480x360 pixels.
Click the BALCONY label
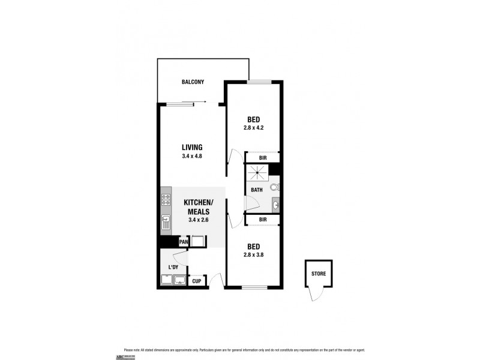coord(193,82)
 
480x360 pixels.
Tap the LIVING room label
coord(192,147)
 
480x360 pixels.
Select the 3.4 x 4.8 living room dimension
coord(192,156)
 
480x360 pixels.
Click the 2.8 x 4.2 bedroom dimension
coord(254,127)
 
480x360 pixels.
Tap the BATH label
coord(257,190)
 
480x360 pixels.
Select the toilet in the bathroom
coord(274,187)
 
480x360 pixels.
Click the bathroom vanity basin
coord(275,205)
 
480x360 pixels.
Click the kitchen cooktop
coord(166,200)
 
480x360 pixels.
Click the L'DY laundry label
coord(173,267)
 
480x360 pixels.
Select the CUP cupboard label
coord(196,281)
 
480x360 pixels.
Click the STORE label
coord(319,274)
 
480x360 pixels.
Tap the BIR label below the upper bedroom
coord(262,158)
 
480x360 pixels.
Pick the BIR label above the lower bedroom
coord(262,220)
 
